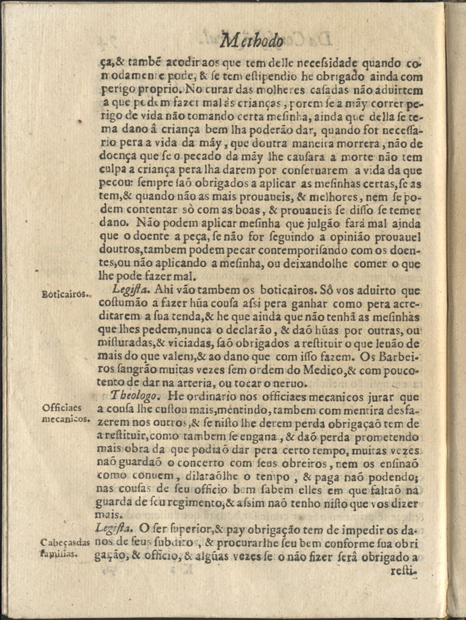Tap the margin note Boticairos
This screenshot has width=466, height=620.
point(65,294)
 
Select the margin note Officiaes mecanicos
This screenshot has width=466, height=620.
point(65,412)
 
